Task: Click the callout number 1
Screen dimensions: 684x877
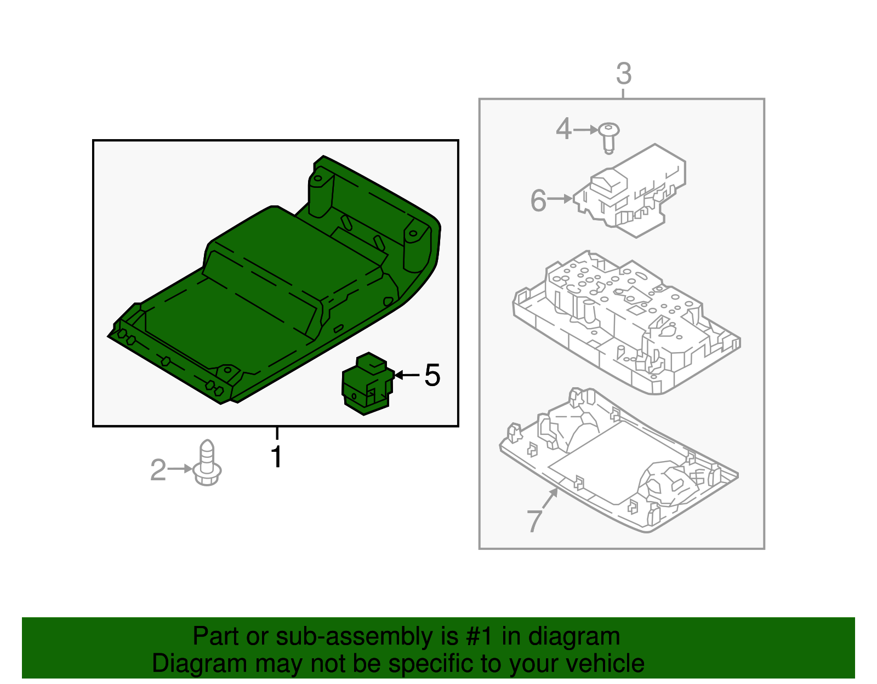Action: point(277,457)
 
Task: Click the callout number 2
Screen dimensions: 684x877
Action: point(158,470)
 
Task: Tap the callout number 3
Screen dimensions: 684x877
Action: point(624,73)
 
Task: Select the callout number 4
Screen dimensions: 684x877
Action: point(563,129)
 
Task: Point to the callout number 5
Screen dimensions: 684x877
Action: point(432,375)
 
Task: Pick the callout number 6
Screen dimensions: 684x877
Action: point(538,200)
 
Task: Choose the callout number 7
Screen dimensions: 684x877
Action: point(534,520)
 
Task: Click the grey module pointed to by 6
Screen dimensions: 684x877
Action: point(630,192)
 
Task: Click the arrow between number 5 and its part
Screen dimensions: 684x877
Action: point(407,375)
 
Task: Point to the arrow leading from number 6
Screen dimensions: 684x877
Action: point(560,199)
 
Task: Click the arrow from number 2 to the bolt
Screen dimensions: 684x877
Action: point(180,469)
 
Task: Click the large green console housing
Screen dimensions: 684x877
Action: point(263,285)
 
